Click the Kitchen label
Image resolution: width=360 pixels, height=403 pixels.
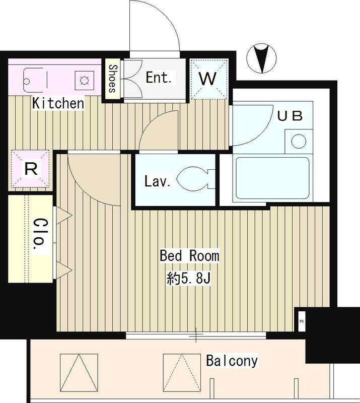click(x=58, y=104)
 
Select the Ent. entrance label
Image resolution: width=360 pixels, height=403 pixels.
click(x=159, y=78)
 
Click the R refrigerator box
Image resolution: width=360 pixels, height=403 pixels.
click(x=31, y=169)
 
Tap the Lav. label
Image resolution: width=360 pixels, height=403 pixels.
click(x=157, y=181)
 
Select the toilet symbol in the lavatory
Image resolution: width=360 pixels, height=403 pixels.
click(x=193, y=179)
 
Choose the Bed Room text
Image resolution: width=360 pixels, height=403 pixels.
click(x=189, y=256)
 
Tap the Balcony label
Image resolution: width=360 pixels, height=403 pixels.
click(x=232, y=361)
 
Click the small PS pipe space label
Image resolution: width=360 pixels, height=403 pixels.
click(x=302, y=321)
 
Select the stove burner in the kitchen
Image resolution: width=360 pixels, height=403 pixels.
click(x=83, y=79)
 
